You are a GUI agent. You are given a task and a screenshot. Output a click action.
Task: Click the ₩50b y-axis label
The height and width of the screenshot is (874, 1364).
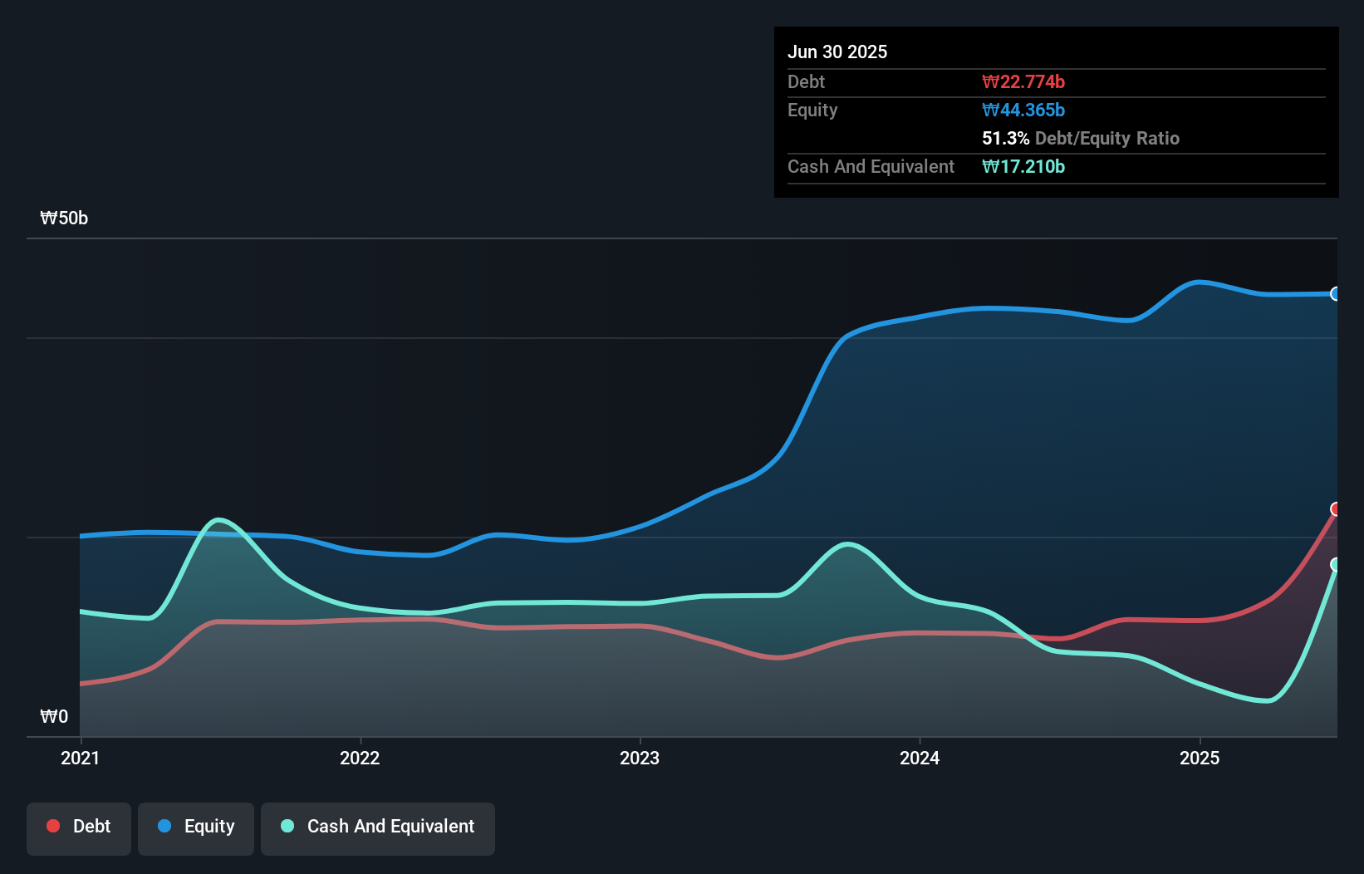[x=64, y=218]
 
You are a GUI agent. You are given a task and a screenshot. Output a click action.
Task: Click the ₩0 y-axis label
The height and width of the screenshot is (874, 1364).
[x=54, y=716]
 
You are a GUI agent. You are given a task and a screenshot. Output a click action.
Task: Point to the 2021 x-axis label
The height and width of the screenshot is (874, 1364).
[x=80, y=758]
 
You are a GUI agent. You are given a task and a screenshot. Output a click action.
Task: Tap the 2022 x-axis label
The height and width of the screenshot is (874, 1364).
[x=360, y=758]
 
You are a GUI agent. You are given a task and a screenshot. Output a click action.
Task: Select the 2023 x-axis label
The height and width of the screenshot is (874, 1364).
[x=640, y=758]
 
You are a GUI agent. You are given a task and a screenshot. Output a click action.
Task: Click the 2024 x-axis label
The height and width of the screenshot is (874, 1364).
[x=920, y=758]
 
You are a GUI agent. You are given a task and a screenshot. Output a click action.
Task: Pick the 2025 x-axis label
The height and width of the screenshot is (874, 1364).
[x=1200, y=758]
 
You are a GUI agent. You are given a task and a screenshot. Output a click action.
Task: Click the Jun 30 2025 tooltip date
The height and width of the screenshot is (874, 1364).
[x=837, y=52]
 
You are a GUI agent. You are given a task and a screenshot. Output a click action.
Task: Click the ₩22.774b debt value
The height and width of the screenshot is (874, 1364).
[x=1023, y=81]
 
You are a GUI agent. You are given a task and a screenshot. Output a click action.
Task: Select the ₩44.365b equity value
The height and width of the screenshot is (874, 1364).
[x=1023, y=110]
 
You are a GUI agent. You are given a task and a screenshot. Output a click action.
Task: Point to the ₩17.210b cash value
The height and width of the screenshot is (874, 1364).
[x=1023, y=166]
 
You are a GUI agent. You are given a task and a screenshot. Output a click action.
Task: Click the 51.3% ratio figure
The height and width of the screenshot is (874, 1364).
[x=1005, y=138]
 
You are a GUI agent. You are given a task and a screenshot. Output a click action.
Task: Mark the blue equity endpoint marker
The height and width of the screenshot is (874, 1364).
[x=1336, y=293]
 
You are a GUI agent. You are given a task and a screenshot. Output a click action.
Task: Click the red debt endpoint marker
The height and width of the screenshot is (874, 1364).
[x=1336, y=508]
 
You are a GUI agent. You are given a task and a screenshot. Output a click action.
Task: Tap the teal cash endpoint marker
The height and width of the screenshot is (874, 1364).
[x=1336, y=564]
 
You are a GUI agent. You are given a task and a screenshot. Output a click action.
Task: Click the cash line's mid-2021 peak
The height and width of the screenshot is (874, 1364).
[x=218, y=520]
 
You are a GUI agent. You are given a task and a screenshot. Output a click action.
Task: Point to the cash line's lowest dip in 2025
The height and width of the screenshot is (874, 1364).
[x=1266, y=701]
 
